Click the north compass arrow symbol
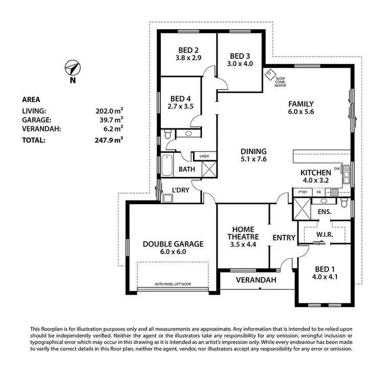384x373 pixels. [73, 68]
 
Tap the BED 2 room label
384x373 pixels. [188, 50]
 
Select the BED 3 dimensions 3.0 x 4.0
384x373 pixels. [240, 64]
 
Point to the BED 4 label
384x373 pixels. [180, 99]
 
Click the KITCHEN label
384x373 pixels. [315, 173]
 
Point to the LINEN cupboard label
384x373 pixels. [200, 156]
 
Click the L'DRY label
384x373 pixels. [180, 189]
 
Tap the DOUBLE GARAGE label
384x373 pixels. [173, 244]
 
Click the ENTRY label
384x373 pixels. [284, 237]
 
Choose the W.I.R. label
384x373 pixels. [325, 234]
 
